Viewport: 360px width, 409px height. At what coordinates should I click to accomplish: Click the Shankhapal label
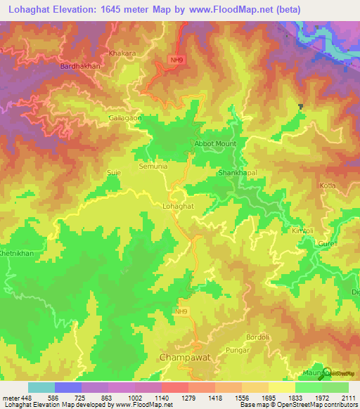click(x=238, y=172)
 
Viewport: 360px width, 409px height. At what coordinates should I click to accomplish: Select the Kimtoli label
click(x=304, y=231)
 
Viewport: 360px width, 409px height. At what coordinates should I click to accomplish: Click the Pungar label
click(x=238, y=349)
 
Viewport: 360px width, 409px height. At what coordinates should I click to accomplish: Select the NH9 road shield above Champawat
click(x=182, y=310)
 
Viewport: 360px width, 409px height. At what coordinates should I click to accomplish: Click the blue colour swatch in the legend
click(x=68, y=387)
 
